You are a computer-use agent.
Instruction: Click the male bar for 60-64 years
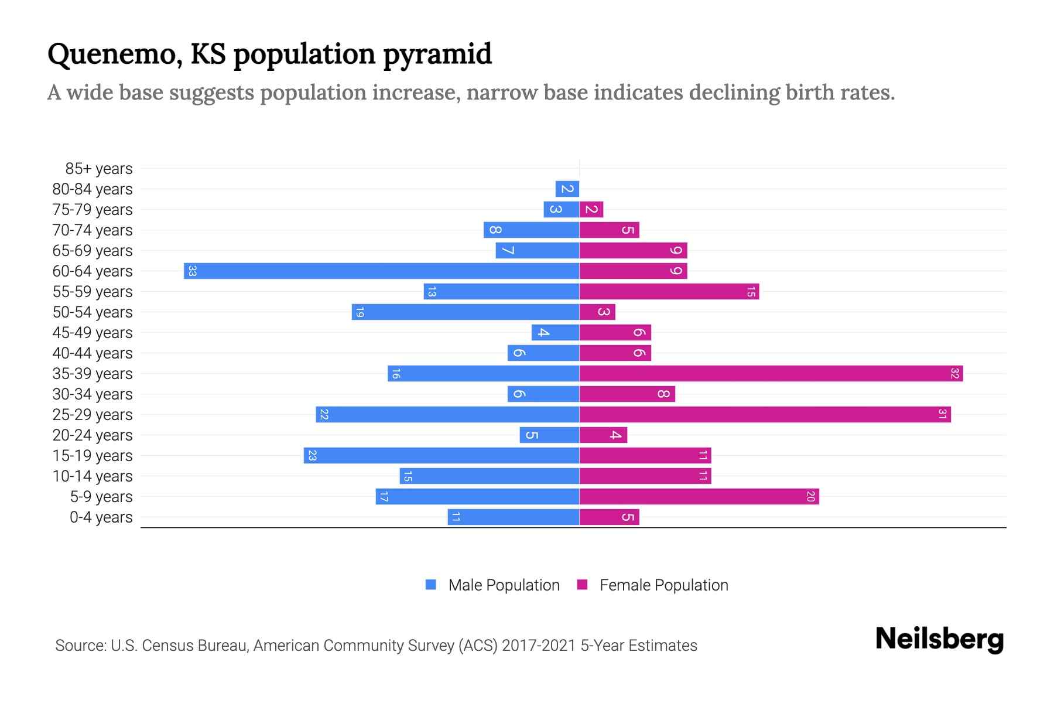click(381, 271)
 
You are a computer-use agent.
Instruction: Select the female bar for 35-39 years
click(771, 373)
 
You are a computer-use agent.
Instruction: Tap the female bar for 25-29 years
click(765, 414)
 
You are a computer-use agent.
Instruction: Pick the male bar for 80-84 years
click(567, 189)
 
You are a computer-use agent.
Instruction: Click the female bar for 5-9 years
click(699, 496)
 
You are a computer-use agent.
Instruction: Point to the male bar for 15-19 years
click(442, 455)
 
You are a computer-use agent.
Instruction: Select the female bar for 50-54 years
click(597, 312)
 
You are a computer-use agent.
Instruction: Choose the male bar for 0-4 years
click(514, 517)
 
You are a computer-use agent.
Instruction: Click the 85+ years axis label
click(98, 169)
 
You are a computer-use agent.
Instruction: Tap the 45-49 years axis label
click(93, 333)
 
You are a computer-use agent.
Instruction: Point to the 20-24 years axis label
click(93, 435)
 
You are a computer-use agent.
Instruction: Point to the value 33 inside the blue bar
click(192, 271)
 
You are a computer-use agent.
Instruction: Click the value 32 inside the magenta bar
click(954, 373)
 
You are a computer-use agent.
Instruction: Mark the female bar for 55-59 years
click(669, 291)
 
